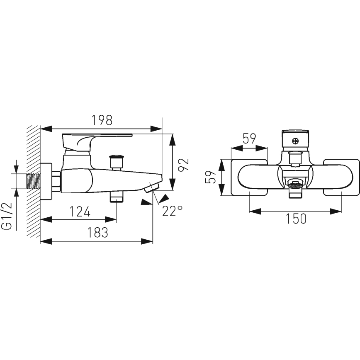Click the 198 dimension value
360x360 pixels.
(x=102, y=120)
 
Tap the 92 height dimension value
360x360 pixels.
(x=184, y=164)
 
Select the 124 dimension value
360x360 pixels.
(x=80, y=212)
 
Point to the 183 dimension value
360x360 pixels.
(x=97, y=232)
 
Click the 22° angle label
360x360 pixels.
(x=173, y=211)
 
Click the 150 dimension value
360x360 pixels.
(x=296, y=219)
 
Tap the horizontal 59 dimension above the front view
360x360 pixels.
(x=249, y=139)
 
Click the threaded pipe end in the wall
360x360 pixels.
(x=34, y=181)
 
